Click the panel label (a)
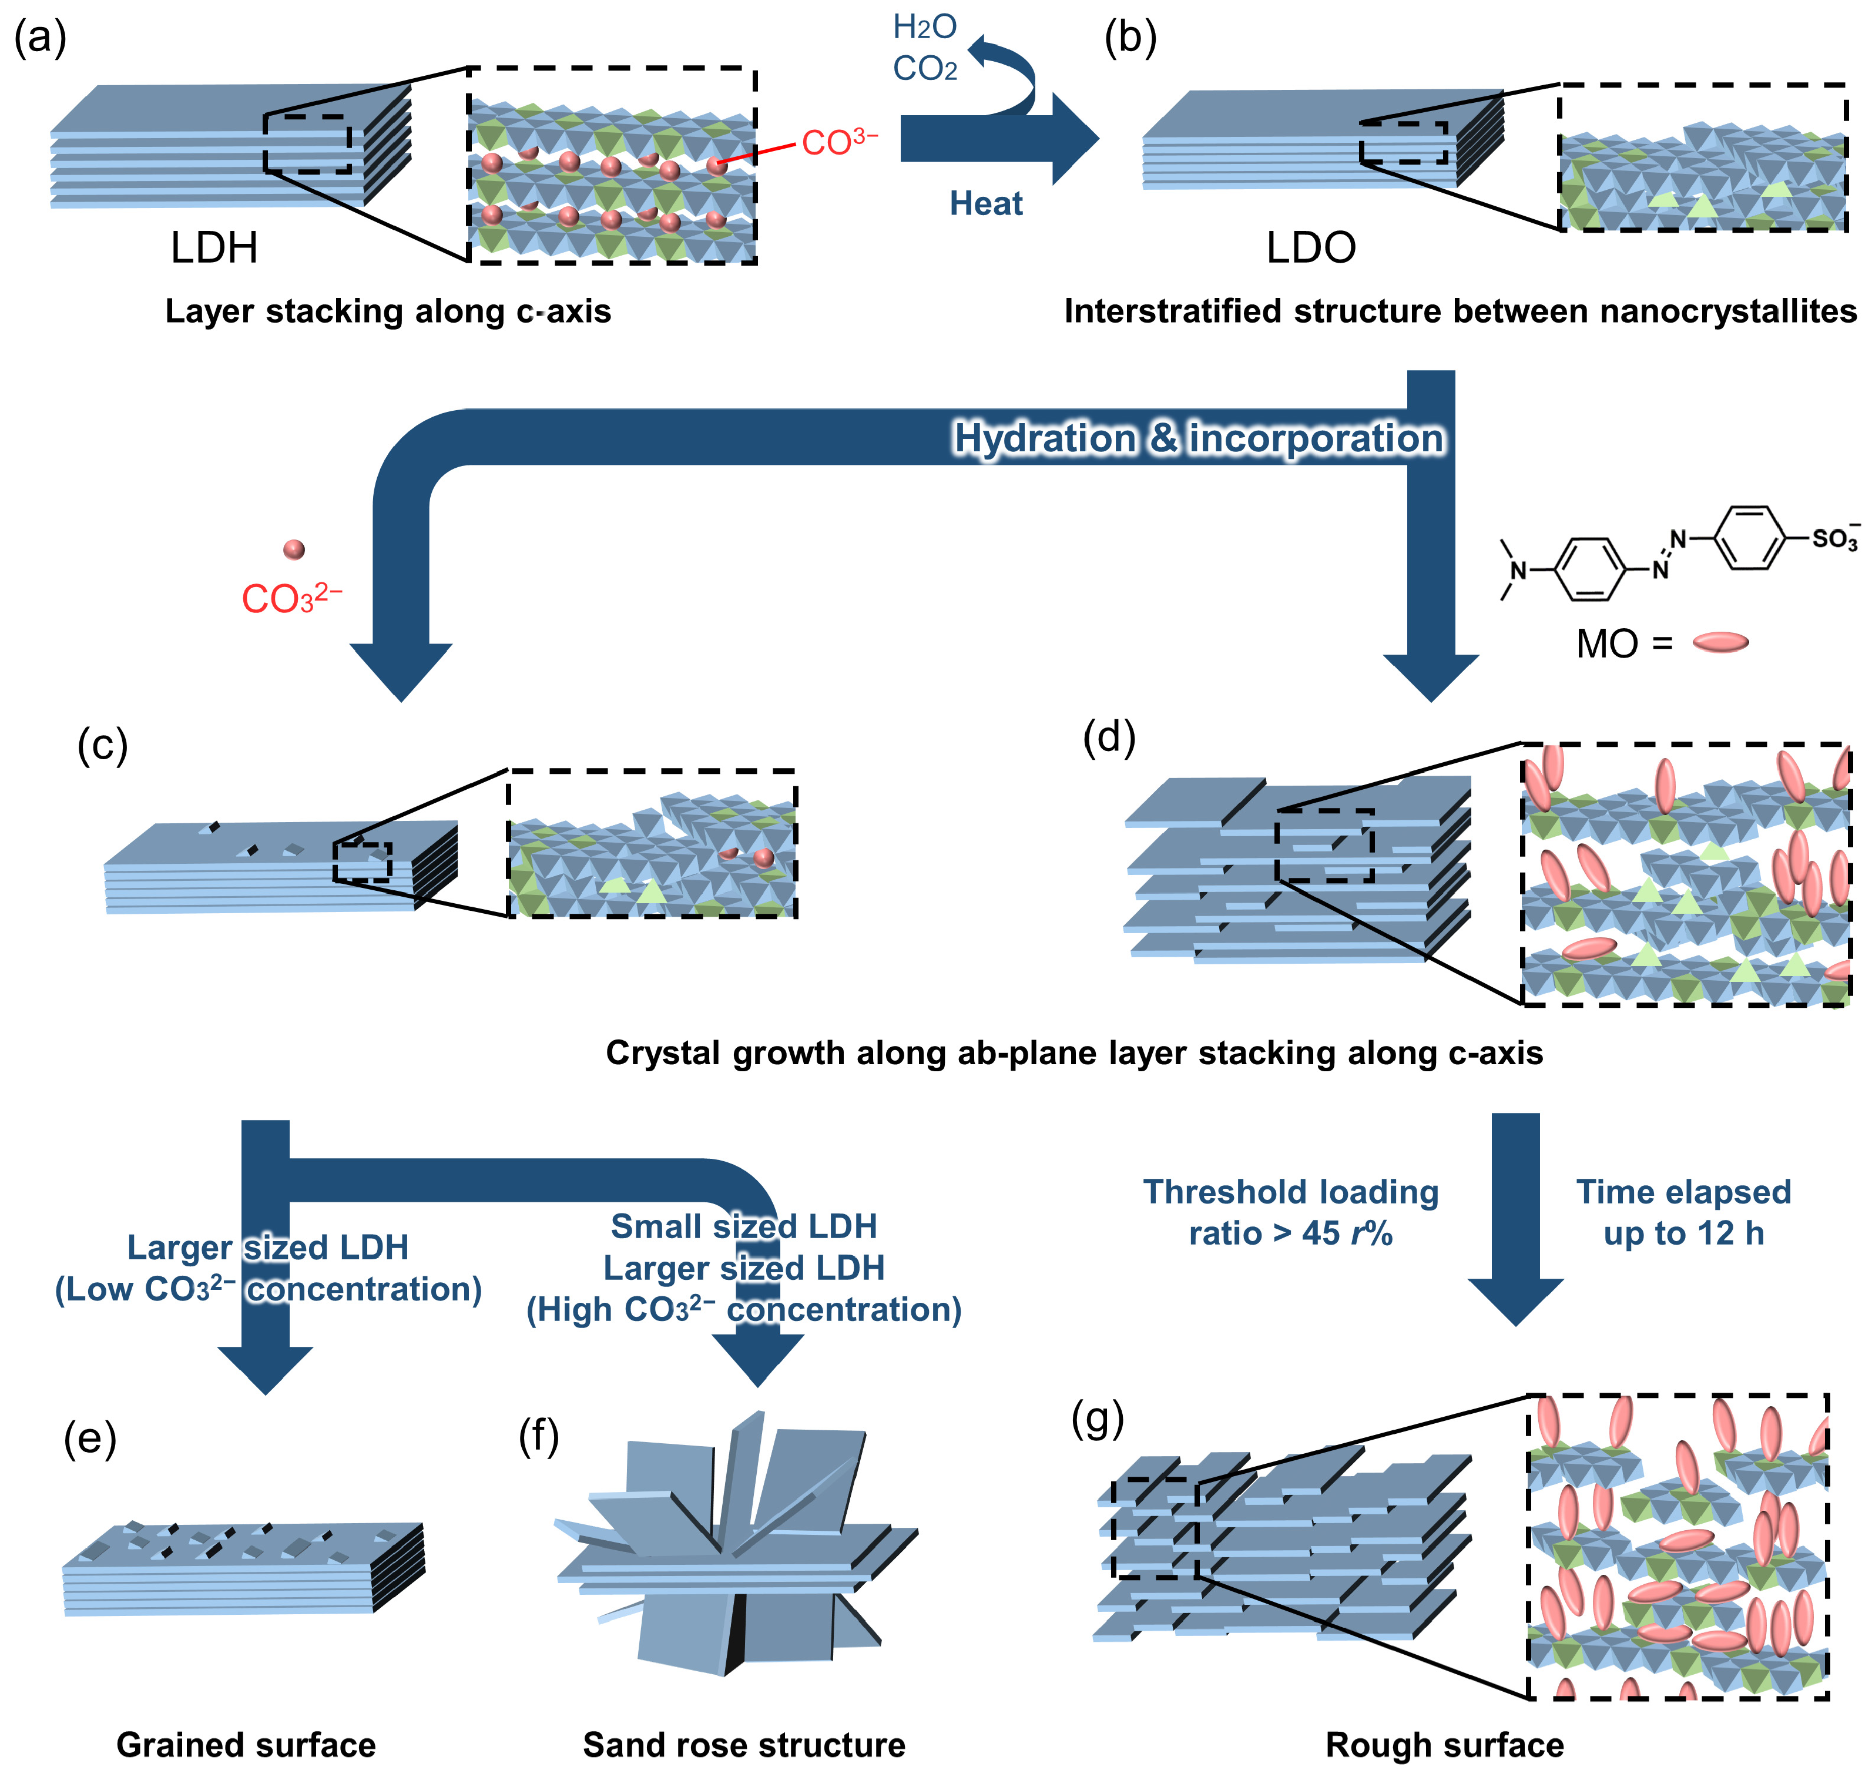(x=40, y=40)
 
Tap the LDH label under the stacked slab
(x=214, y=248)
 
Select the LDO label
(x=1310, y=248)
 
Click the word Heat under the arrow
(x=986, y=204)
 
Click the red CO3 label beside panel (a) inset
(x=839, y=142)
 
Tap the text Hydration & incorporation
(x=1198, y=438)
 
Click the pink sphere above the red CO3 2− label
(x=294, y=549)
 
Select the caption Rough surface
(x=1444, y=1744)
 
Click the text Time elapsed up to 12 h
(x=1683, y=1212)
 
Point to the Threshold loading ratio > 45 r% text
(x=1291, y=1212)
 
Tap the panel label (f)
(x=539, y=1437)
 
